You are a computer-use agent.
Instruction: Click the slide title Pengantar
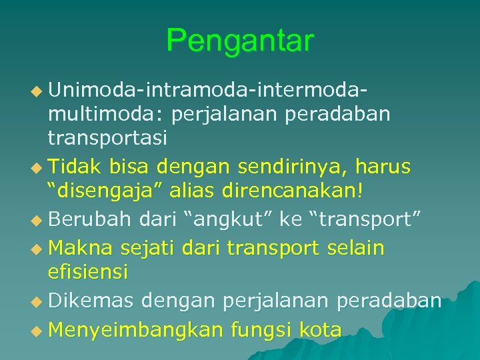[239, 41]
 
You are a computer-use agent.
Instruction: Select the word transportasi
[107, 138]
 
